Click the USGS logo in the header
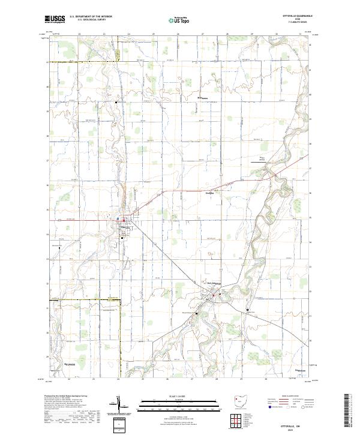tap(54, 19)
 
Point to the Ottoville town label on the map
tap(125, 226)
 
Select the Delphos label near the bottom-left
tap(71, 364)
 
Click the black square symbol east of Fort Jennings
tap(248, 310)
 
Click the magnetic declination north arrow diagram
tap(120, 403)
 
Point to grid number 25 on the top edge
tap(154, 34)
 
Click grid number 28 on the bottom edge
tap(217, 379)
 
